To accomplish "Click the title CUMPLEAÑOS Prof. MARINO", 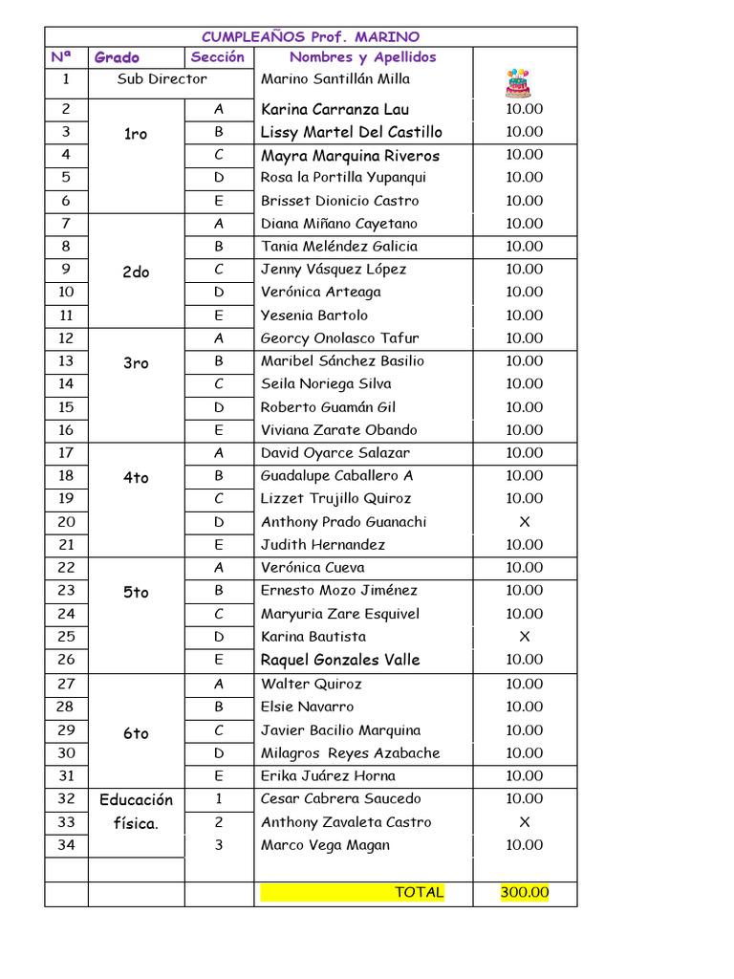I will pos(311,37).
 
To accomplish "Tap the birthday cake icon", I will pos(518,82).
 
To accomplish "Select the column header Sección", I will pos(218,57).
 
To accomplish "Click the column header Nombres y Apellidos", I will pos(362,57).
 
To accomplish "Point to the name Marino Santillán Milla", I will pos(335,79).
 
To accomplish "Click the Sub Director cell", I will pos(162,79).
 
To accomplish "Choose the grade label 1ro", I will pos(136,134).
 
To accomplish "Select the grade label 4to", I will pos(136,478).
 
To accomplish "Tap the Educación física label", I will pos(136,811).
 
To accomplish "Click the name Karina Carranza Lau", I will pos(335,109).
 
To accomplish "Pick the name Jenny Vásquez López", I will pos(334,270).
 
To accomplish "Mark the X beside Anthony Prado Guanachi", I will pos(524,522).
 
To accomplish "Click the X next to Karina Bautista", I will pos(524,637).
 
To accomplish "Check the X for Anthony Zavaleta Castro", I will pos(524,822).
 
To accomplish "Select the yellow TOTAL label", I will pos(419,893).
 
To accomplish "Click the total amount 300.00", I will pos(525,893).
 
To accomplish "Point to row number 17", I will pos(66,453).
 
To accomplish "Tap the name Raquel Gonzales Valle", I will pos(340,660).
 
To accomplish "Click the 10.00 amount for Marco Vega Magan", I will pos(524,845).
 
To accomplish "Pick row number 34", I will pos(66,845).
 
